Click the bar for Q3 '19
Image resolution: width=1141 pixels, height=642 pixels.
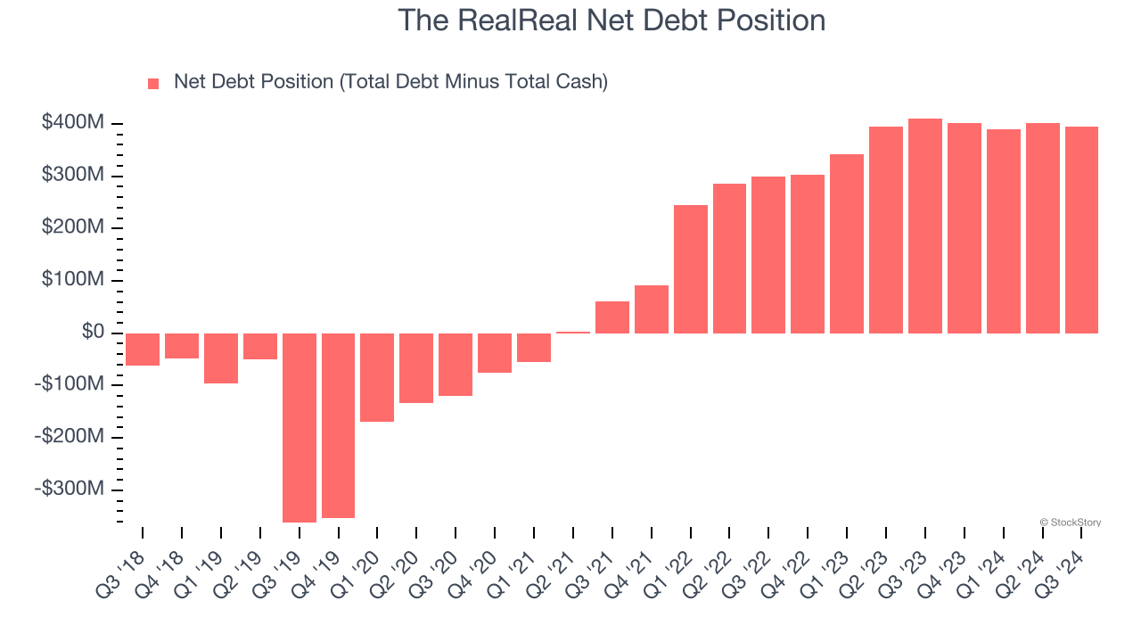(299, 427)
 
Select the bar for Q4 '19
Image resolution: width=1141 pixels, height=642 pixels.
(338, 425)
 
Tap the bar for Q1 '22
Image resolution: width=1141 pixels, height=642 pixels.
(691, 269)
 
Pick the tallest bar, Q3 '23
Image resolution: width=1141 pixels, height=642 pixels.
(925, 226)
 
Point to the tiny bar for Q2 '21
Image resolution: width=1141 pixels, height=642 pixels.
(573, 333)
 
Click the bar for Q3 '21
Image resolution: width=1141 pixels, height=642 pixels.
(612, 317)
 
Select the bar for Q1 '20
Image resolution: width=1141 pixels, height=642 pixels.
(377, 377)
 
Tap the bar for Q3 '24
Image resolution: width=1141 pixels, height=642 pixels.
(1081, 230)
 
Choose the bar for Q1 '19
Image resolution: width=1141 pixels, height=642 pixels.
(221, 358)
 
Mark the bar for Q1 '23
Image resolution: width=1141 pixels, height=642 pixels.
(847, 243)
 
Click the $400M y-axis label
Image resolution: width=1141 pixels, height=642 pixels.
(72, 123)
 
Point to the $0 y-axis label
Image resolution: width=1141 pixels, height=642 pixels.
(93, 333)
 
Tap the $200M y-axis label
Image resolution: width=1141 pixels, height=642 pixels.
(72, 228)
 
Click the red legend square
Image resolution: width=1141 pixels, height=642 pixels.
(153, 84)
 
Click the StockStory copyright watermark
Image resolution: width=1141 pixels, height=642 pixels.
(1070, 523)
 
